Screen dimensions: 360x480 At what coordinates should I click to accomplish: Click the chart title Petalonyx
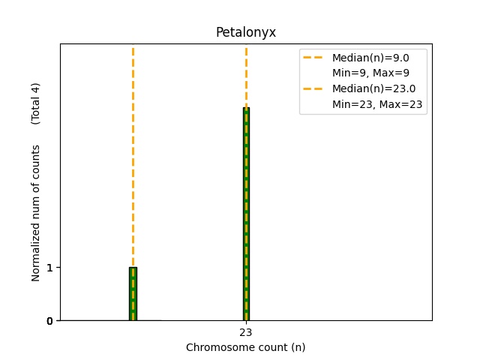245,32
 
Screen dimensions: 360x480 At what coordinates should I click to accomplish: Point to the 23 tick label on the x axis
246,331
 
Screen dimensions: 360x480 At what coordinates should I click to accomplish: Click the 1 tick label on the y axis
49,268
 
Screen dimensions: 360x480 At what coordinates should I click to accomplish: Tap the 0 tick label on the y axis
49,321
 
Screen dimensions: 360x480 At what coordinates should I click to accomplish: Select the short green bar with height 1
133,294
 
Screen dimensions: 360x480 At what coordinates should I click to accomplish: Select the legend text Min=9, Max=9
370,73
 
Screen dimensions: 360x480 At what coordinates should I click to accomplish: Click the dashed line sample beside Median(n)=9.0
314,58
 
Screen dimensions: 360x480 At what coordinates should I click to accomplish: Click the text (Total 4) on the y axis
35,103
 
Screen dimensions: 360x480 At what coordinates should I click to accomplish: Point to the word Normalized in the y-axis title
35,255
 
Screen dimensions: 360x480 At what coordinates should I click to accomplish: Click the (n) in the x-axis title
298,347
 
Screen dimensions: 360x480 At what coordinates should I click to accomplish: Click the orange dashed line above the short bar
133,150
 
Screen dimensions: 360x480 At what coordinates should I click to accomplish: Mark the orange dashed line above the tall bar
246,75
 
